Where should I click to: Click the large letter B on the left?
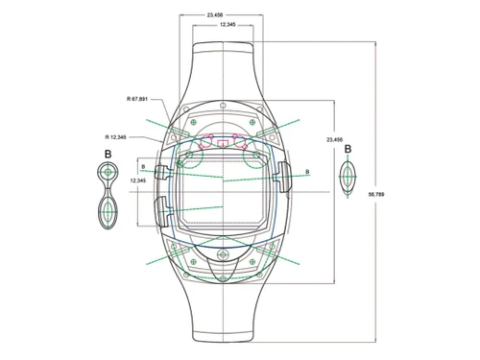108,152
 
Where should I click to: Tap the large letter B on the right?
348,150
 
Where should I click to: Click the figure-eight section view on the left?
108,196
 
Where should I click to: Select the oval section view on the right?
348,180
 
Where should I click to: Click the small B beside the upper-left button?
143,165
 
